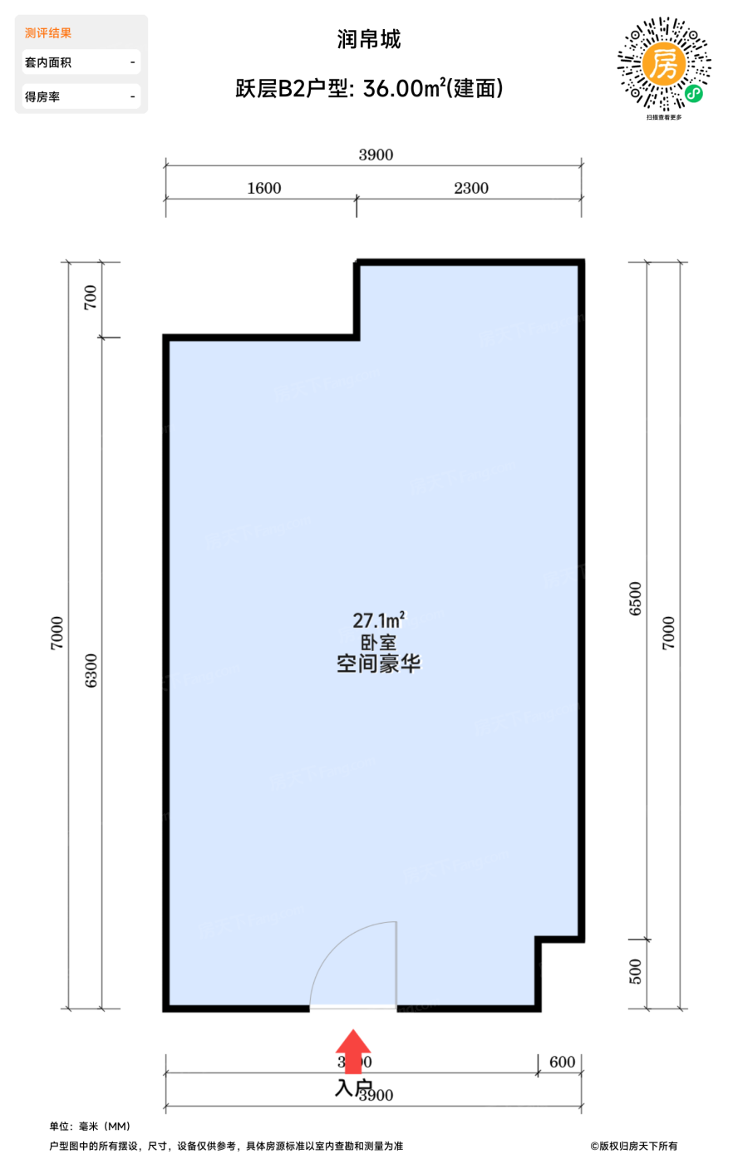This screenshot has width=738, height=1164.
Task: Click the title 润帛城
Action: click(369, 39)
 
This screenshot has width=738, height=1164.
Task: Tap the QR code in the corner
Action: click(664, 65)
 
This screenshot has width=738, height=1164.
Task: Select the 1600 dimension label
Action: click(264, 188)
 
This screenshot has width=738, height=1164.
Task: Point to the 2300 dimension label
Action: click(471, 188)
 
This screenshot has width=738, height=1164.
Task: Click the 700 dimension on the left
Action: click(91, 298)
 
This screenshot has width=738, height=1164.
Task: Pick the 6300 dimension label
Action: click(91, 670)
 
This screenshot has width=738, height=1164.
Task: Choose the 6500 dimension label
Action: click(636, 599)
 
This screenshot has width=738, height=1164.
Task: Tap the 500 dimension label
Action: click(636, 971)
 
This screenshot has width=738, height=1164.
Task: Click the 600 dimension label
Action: click(563, 1062)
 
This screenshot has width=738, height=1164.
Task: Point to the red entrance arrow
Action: click(354, 1051)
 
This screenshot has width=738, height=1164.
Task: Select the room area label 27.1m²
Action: click(378, 620)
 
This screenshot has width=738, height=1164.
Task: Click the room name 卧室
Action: click(378, 643)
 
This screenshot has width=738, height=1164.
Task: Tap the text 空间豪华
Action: click(378, 663)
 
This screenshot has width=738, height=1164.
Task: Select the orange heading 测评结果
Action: click(48, 33)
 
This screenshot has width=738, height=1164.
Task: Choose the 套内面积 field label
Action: click(48, 62)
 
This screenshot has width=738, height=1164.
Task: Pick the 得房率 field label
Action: click(42, 97)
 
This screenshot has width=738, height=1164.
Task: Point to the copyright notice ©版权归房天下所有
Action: click(634, 1147)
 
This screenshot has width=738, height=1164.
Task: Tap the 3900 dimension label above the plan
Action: click(376, 155)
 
